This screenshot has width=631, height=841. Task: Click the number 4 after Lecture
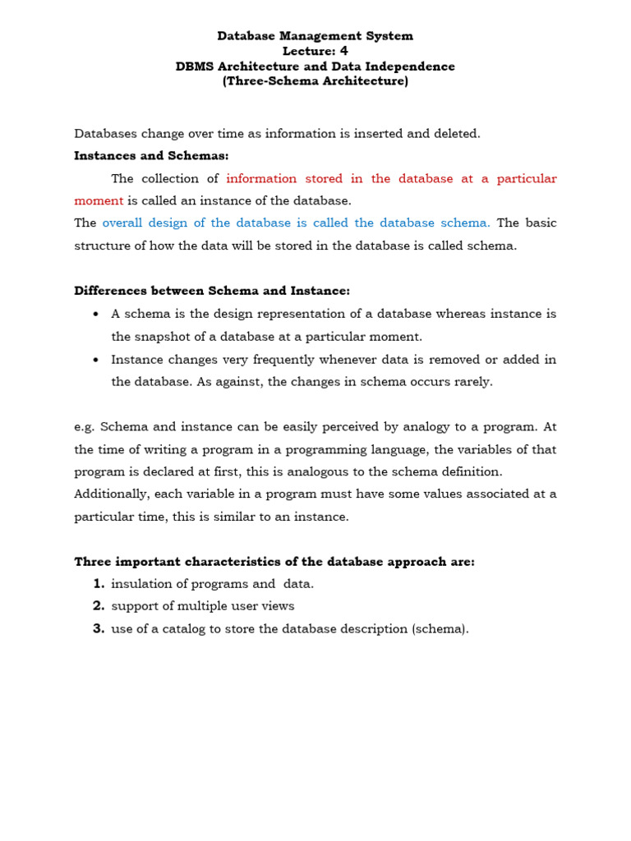[344, 51]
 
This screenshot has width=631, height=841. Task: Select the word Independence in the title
[415, 67]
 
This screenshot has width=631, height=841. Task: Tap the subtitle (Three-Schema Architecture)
[315, 81]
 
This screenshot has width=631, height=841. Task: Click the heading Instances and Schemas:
[151, 155]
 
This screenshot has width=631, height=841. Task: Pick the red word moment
[99, 200]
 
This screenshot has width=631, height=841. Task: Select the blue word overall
[126, 223]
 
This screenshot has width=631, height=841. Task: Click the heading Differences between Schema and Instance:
[212, 291]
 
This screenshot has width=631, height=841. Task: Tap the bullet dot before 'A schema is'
[96, 314]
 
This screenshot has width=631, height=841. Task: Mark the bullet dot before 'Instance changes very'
[96, 360]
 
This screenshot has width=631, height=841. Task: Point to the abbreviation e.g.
[85, 427]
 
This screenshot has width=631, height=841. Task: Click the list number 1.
[98, 584]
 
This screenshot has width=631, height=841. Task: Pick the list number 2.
[98, 606]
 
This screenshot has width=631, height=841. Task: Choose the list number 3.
[98, 629]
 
